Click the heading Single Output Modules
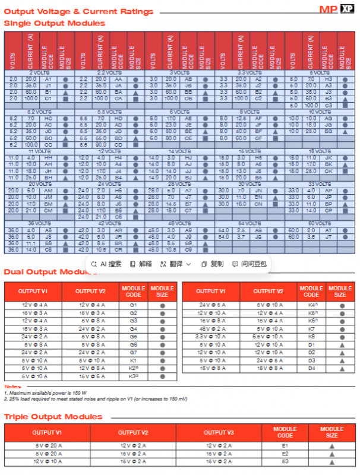coord(55,23)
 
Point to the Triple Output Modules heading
coord(53,417)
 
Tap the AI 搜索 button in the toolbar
coord(107,264)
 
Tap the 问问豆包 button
coord(250,264)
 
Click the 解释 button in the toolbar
coord(141,264)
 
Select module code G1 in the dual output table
coord(133,305)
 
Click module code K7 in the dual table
coord(311,328)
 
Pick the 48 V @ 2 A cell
coord(211,328)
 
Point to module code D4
coord(311,368)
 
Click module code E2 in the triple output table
coord(285,453)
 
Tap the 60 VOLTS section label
coord(319,224)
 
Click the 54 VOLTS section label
coord(250,224)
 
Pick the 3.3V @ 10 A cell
coord(211,336)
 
